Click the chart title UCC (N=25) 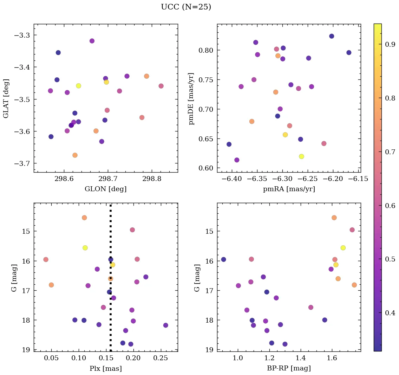click(x=186, y=7)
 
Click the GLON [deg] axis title click(x=105, y=189)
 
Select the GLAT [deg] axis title click(x=6, y=98)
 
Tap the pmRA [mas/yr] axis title click(x=289, y=189)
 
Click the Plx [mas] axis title click(x=105, y=368)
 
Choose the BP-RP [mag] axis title click(x=289, y=368)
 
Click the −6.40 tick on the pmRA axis click(x=232, y=179)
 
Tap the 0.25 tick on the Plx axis click(x=161, y=358)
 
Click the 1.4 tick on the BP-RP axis click(x=300, y=358)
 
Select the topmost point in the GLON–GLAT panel click(x=92, y=41)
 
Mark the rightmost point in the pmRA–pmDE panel click(x=349, y=53)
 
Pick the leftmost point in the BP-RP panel click(x=223, y=259)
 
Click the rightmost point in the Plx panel click(x=166, y=325)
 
